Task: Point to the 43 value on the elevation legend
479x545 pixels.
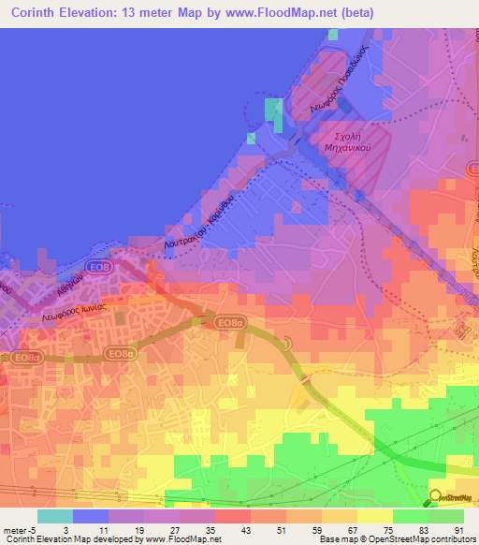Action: coord(231,530)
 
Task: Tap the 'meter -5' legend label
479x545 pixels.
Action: coord(18,530)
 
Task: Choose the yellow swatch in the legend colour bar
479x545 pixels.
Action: coord(374,516)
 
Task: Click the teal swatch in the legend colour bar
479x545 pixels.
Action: coord(54,516)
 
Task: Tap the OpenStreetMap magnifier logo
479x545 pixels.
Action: coord(436,497)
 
